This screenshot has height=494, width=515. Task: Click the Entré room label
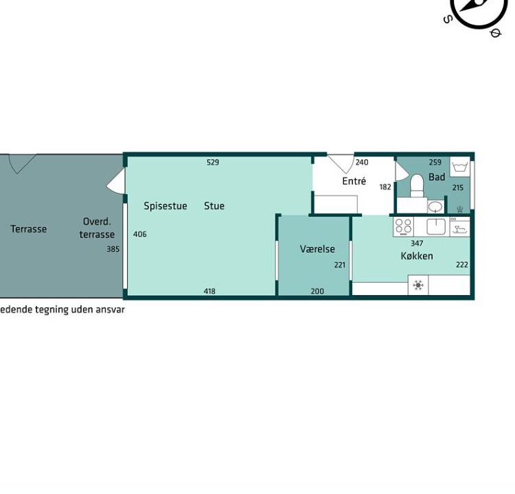coord(354,181)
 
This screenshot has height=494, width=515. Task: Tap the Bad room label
coord(437,177)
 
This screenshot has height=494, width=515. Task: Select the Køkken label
coord(417,256)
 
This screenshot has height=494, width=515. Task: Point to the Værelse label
coord(317,249)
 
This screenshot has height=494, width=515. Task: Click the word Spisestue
coord(165,206)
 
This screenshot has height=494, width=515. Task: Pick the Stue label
coord(214,206)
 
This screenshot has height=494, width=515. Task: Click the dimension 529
coord(213,162)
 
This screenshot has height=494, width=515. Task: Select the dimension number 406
coord(140,234)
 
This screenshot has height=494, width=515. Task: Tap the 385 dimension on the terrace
coord(113,249)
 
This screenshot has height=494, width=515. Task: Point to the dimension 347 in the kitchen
coord(417,243)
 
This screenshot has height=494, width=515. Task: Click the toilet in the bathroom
coord(417,185)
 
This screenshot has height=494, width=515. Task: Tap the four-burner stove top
coord(403,226)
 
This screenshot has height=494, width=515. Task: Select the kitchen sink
coord(436,226)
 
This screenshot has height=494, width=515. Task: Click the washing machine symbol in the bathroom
coord(460,167)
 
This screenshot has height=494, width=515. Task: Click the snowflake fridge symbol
coord(418,285)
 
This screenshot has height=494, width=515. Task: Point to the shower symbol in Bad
coord(459,209)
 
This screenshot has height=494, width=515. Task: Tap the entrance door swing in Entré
coord(341,163)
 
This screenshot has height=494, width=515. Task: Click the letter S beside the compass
coord(448,19)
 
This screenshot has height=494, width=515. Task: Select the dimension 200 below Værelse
coord(317,291)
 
